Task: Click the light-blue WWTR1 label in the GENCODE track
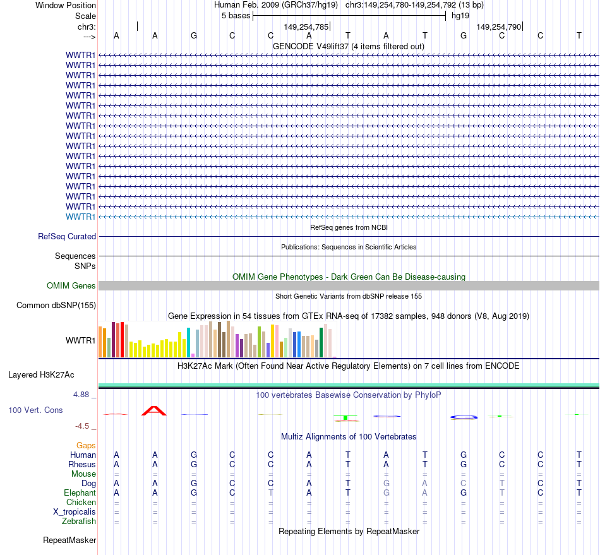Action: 80,217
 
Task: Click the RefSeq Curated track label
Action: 67,237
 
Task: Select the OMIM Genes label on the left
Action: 71,286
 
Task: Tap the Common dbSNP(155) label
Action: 56,306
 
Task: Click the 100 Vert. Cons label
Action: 35,410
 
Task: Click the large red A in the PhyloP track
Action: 155,411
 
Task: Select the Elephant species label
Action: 80,493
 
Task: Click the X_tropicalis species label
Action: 75,512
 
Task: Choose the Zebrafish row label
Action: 79,522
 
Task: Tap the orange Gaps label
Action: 86,446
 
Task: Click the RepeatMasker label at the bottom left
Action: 69,540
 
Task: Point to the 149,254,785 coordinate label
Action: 306,27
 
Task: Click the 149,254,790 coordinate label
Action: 499,27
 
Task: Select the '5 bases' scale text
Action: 236,16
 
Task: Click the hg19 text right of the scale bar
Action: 460,16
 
